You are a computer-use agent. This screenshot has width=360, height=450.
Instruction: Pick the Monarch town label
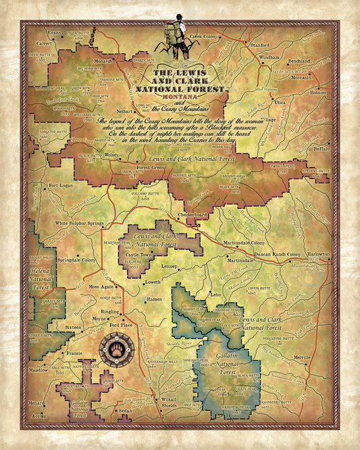[x=103, y=60]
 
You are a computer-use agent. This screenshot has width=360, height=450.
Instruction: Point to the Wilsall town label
[x=169, y=399]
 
